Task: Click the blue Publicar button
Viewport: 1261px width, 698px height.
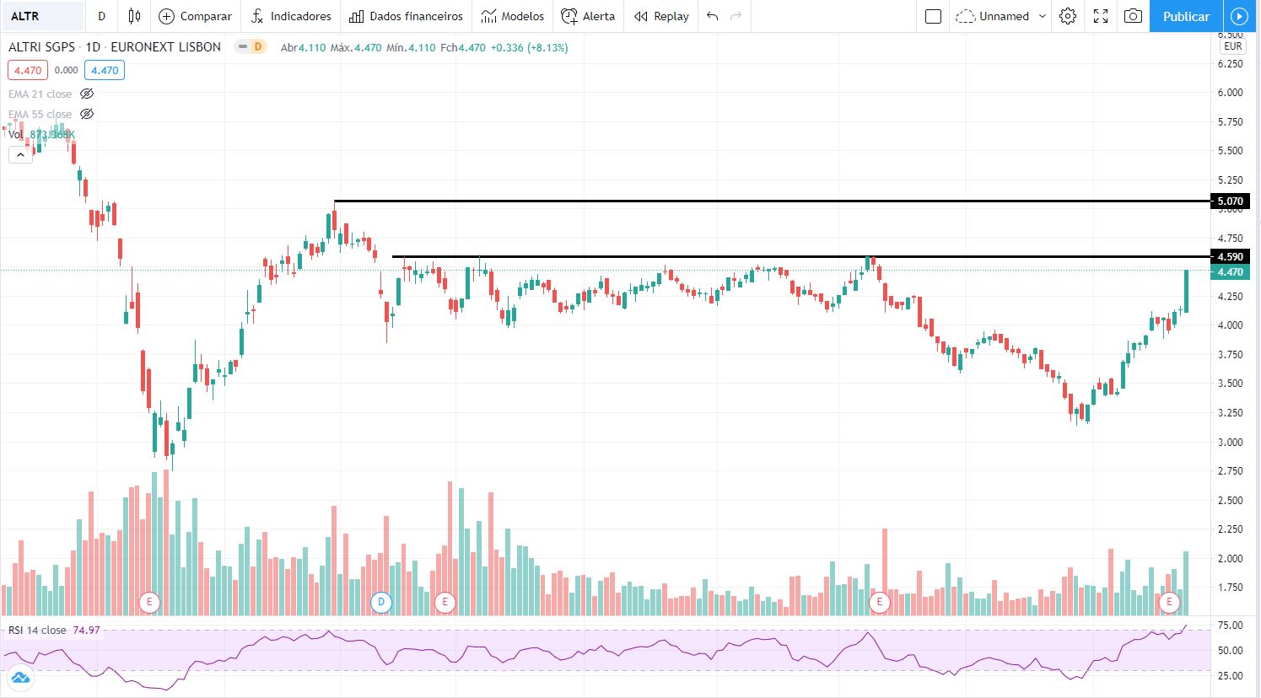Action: [1186, 16]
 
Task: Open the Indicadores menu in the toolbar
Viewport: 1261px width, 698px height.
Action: [291, 16]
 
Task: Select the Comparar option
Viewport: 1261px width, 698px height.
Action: [196, 16]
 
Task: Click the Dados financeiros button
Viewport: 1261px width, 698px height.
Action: [407, 16]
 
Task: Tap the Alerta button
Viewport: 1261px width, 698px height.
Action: [589, 16]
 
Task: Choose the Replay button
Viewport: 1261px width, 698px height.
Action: [661, 16]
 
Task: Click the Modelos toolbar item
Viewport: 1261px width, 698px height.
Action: [513, 16]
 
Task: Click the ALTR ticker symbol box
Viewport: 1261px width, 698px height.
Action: [42, 16]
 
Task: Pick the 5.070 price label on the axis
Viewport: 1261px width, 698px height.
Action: [1230, 201]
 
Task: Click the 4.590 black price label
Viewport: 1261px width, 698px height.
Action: [1230, 257]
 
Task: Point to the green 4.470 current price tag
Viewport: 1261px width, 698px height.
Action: [1230, 272]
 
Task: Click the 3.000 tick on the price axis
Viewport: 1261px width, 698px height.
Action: [1230, 442]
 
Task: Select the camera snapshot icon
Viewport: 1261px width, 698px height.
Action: [1133, 16]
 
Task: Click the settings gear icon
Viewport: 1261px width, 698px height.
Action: [1068, 16]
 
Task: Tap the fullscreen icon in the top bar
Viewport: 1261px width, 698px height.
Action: [1101, 16]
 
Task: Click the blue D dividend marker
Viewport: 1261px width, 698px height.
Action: [381, 602]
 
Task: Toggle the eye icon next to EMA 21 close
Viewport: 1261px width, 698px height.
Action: [87, 94]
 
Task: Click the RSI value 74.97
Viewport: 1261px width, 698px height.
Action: [86, 631]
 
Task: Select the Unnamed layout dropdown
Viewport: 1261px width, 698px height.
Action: [1001, 16]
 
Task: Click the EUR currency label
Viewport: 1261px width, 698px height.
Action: [1232, 47]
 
